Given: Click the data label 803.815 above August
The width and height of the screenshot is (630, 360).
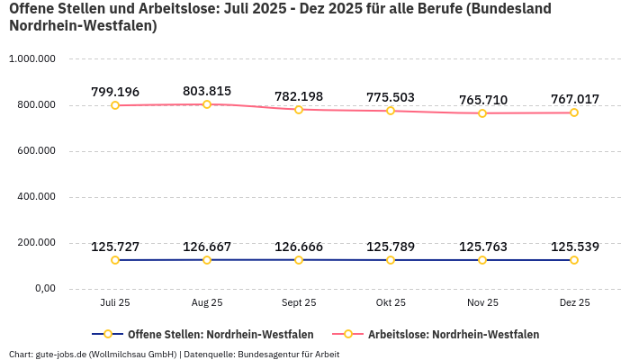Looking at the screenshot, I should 207,91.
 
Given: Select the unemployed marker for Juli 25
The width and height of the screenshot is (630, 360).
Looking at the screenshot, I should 115,105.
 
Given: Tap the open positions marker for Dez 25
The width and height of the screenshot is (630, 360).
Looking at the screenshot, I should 574,260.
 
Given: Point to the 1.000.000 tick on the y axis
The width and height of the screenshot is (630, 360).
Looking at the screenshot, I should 32,59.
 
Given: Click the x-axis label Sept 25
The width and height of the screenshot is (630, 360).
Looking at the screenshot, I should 299,303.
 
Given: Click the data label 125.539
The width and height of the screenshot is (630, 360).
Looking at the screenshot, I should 574,247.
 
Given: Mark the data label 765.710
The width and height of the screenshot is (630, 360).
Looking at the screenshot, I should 482,99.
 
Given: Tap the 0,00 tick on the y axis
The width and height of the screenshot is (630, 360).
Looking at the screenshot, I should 43,289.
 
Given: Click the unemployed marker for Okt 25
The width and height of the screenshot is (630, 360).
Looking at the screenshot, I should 391,111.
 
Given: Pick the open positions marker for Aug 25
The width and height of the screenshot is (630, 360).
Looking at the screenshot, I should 207,260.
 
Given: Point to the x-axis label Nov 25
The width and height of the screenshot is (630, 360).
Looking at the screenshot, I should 482,303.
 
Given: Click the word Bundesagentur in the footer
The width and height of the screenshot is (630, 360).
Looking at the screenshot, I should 268,355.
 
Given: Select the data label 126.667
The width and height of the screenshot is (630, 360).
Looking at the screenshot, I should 207,247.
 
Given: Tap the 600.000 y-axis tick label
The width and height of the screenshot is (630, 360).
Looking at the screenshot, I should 36,151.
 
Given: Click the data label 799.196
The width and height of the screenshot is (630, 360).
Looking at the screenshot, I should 115,92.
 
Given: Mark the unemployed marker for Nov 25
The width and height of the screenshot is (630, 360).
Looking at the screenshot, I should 482,113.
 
